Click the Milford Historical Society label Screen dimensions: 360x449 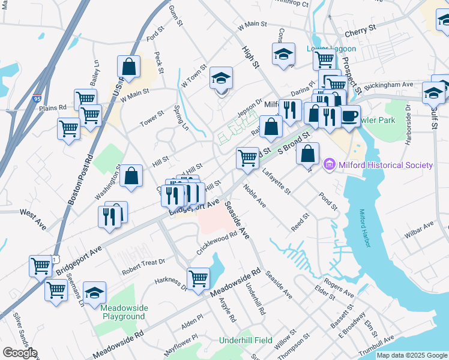(x=385, y=165)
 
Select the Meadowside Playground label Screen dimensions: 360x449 (x=122, y=312)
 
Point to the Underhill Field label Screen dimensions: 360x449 (x=246, y=340)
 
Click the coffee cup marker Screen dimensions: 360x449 (x=349, y=115)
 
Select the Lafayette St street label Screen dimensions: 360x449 (x=276, y=182)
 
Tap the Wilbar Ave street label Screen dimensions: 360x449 (x=419, y=230)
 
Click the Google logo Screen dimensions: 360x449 (x=20, y=353)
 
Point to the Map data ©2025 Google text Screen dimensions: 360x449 (x=412, y=355)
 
